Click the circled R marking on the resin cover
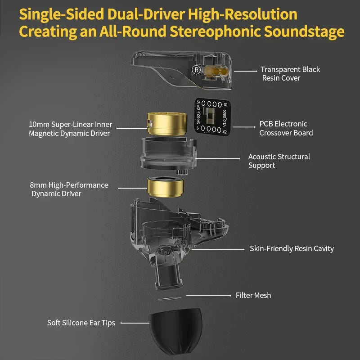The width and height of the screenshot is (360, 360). pyautogui.click(x=196, y=70)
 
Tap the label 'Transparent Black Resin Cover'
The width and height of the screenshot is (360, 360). pyautogui.click(x=290, y=74)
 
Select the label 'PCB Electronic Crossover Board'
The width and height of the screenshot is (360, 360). pyautogui.click(x=286, y=128)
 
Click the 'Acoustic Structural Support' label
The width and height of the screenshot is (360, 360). pyautogui.click(x=279, y=161)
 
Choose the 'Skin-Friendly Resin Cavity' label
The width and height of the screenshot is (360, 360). pyautogui.click(x=292, y=248)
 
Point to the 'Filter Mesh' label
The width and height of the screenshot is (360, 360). pyautogui.click(x=253, y=296)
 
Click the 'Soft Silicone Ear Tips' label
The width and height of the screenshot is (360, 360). pyautogui.click(x=81, y=323)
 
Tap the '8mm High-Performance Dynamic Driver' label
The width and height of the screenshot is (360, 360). pyautogui.click(x=69, y=189)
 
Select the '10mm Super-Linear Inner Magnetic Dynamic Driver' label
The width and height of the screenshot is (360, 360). pyautogui.click(x=70, y=129)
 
